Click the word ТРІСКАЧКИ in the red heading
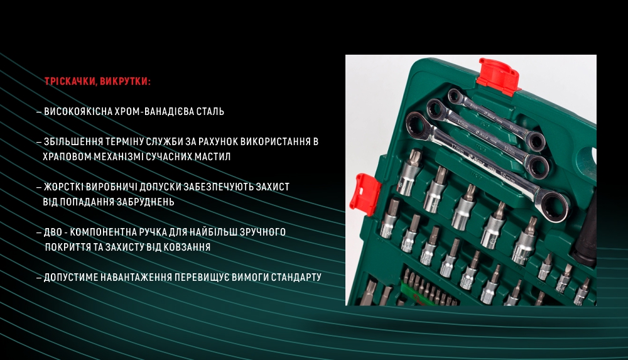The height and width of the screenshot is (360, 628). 70,82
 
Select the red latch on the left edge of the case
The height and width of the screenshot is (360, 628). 365,192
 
